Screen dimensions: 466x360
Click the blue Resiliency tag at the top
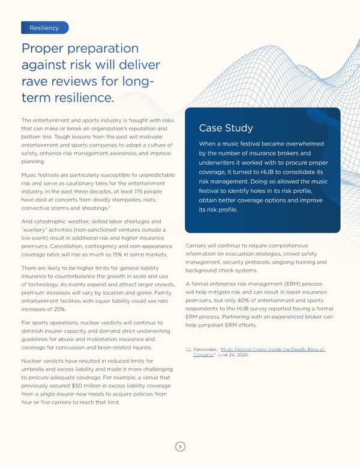pos(44,28)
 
